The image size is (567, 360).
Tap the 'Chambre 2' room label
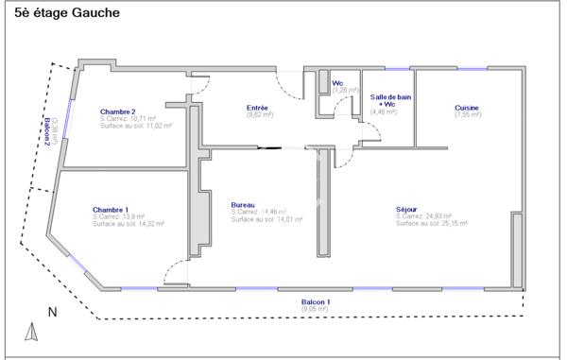pyautogui.click(x=118, y=111)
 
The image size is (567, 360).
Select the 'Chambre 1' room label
pyautogui.click(x=111, y=209)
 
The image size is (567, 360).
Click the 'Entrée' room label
pyautogui.click(x=257, y=108)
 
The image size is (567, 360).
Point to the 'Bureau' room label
pyautogui.click(x=243, y=204)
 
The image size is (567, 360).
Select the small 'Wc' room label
pyautogui.click(x=337, y=83)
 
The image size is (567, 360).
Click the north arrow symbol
pyautogui.click(x=30, y=331)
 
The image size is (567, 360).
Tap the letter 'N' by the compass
pyautogui.click(x=53, y=311)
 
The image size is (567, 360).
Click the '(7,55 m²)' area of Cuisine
pyautogui.click(x=467, y=116)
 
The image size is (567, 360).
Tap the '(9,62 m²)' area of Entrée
pyautogui.click(x=258, y=115)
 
